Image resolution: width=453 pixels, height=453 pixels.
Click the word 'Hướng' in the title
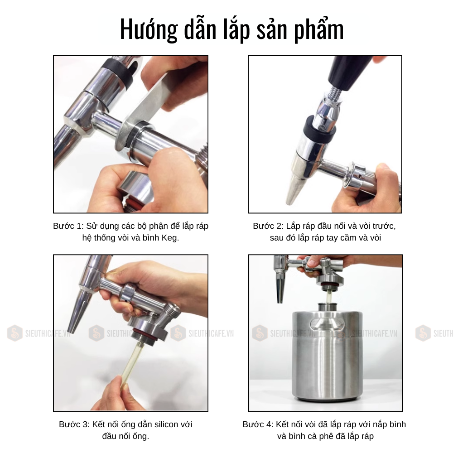click(x=149, y=29)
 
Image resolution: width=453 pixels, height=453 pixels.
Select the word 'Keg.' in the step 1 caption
click(x=170, y=238)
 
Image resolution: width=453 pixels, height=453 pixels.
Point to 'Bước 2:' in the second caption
click(x=268, y=226)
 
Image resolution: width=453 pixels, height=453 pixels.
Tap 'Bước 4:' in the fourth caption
click(x=258, y=424)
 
